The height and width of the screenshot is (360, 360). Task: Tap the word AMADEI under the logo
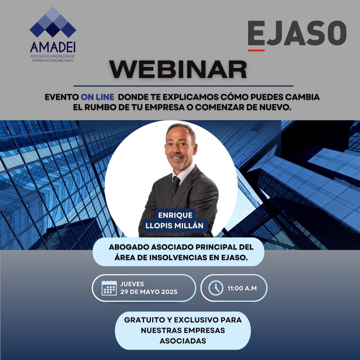53,47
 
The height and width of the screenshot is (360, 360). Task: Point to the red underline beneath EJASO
256,50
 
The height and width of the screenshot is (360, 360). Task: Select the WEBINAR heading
178,70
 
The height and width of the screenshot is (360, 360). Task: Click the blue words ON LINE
97,97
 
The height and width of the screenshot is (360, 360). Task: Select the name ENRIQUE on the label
175,215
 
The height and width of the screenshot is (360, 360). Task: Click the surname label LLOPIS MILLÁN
174,226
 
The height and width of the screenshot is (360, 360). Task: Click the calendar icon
109,288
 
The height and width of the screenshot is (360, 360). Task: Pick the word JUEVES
132,284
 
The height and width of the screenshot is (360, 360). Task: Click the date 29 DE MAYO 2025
149,292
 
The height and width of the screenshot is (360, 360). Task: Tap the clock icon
216,288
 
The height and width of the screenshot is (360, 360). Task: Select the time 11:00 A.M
242,288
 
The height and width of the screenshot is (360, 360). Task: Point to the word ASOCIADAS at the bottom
183,341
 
